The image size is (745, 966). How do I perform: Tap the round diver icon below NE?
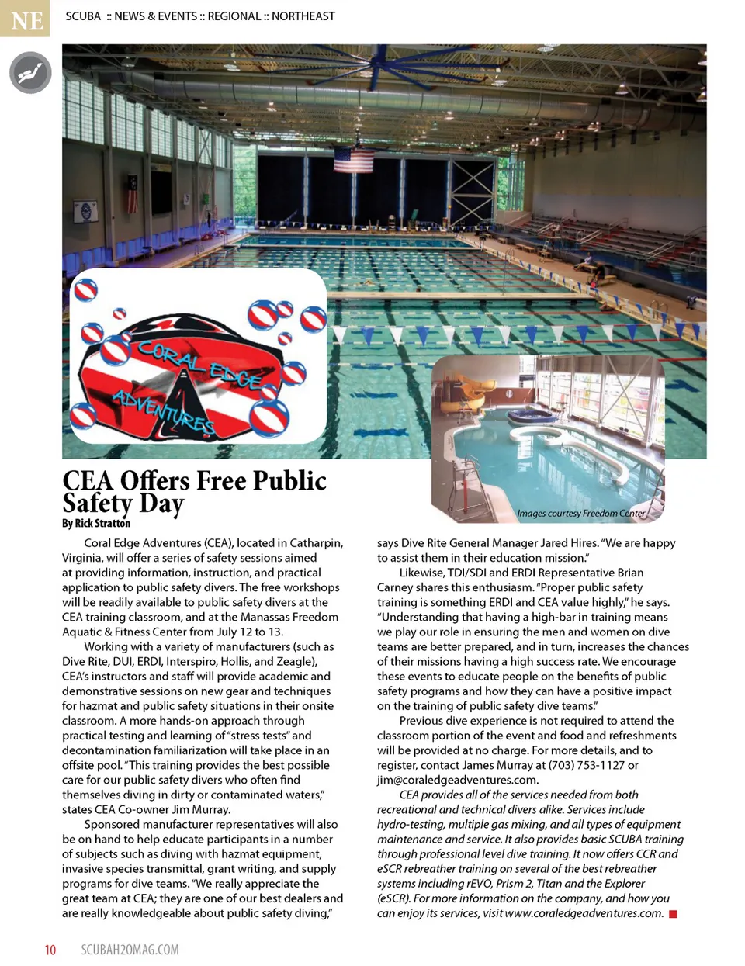click(x=29, y=74)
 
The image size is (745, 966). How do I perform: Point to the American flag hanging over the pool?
click(x=353, y=160)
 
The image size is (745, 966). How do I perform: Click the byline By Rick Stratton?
click(x=96, y=524)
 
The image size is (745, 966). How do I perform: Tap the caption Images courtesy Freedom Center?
click(x=580, y=513)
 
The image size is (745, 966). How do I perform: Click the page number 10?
click(x=50, y=950)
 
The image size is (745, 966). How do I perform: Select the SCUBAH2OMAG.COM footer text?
click(x=130, y=950)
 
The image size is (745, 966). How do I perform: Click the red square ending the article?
click(x=673, y=913)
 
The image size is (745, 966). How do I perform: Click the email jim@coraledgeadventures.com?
click(x=457, y=780)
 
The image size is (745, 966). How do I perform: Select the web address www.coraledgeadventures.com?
click(x=584, y=913)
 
